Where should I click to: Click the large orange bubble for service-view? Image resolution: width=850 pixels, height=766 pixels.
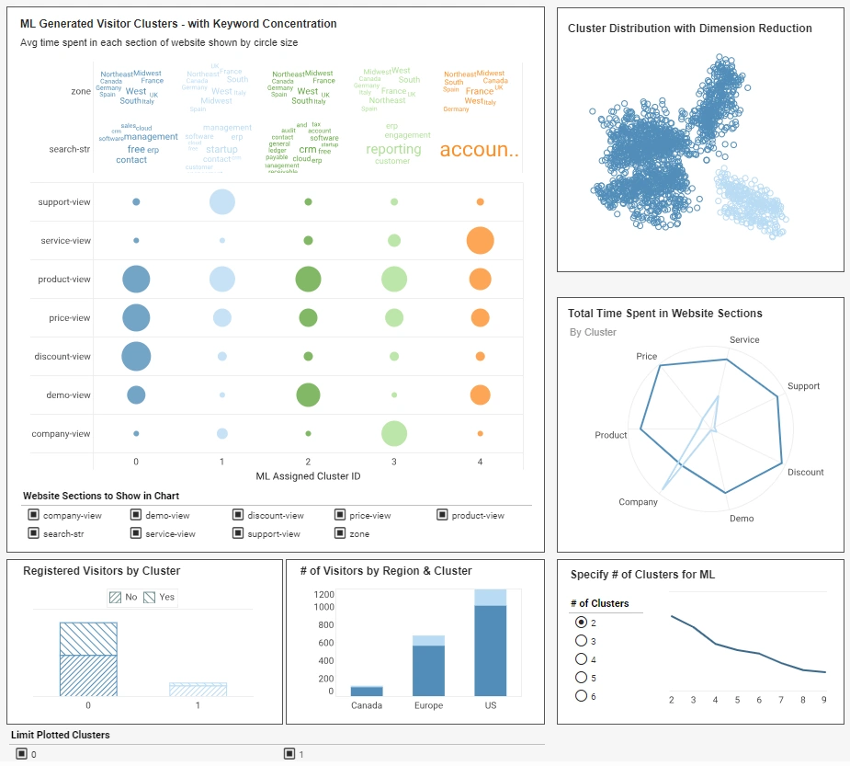(480, 240)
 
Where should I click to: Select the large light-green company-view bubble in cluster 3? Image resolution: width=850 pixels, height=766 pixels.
(394, 433)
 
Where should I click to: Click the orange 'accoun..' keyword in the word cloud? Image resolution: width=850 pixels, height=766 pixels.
(479, 150)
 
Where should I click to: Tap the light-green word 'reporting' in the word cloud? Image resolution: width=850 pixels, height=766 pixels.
(393, 149)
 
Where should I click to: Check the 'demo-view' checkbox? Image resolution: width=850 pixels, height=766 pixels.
(136, 515)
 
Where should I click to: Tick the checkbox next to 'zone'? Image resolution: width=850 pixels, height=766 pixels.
(340, 533)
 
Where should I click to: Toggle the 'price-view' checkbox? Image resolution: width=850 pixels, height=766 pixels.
(340, 515)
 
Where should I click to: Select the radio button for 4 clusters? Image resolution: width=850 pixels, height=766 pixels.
(581, 659)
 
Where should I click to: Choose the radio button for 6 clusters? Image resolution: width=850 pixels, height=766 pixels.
(581, 696)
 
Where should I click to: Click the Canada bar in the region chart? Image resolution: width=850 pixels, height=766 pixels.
(367, 691)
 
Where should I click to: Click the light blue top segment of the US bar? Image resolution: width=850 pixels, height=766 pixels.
(491, 598)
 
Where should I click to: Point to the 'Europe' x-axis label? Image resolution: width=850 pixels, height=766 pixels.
(428, 705)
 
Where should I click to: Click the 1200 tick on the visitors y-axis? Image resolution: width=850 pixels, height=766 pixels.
(323, 595)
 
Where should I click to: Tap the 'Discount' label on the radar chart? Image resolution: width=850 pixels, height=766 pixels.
(805, 472)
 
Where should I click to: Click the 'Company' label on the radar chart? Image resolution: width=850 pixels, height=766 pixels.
(638, 502)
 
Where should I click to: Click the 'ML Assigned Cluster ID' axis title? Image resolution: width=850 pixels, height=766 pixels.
(308, 476)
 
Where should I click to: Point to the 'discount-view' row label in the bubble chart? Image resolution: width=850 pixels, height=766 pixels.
(62, 356)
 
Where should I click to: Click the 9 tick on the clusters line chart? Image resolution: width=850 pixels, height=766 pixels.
(824, 700)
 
